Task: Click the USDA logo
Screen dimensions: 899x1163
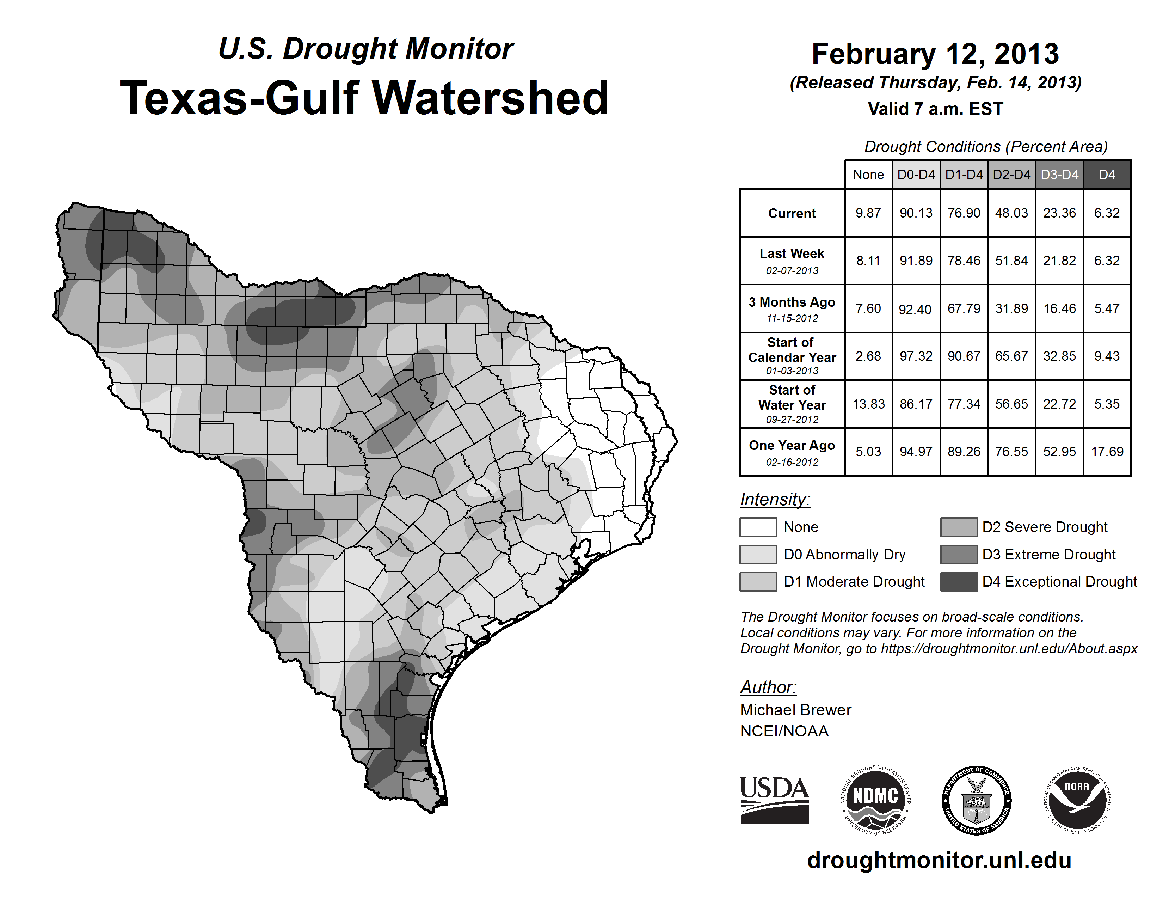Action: pos(774,800)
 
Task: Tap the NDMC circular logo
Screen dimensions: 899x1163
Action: pos(875,800)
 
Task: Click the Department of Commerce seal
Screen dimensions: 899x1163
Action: pos(976,800)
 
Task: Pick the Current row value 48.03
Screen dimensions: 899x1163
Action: pos(1011,213)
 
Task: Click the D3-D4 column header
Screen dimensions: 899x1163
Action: pos(1059,175)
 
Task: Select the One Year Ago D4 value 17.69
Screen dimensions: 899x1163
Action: pos(1107,452)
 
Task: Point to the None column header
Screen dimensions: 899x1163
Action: pos(868,175)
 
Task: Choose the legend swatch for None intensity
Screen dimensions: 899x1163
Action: pos(758,527)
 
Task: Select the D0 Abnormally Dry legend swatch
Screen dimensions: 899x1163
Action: pos(758,554)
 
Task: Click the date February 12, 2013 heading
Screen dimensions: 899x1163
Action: pos(935,54)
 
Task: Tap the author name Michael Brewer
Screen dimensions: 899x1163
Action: pos(795,710)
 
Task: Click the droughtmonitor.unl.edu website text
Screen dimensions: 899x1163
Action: pos(939,860)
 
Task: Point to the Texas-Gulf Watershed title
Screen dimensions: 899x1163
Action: pos(364,98)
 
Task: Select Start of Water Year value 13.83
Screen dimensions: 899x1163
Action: pos(868,404)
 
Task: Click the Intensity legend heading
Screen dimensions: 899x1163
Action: pos(775,500)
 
